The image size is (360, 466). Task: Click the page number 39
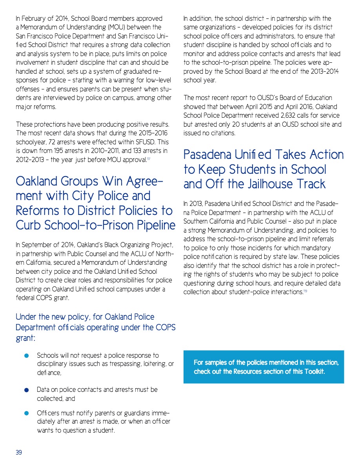[x=19, y=453]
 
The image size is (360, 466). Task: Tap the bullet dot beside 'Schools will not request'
[x=26, y=356]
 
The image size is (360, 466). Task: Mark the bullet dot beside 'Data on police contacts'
[x=26, y=390]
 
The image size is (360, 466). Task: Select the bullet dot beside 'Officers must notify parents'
[x=26, y=413]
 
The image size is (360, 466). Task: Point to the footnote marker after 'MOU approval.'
[x=148, y=159]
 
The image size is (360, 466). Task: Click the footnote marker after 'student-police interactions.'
[x=305, y=292]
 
